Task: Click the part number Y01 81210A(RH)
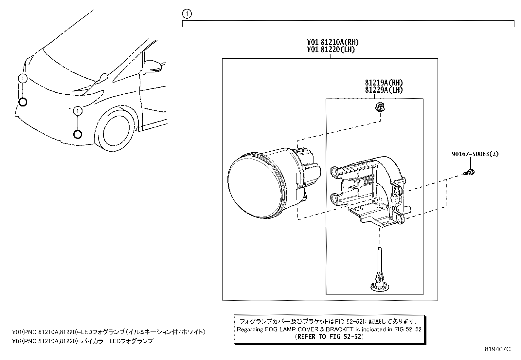point(332,42)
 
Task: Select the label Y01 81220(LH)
point(331,50)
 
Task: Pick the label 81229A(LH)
point(384,90)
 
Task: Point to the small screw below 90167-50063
point(470,172)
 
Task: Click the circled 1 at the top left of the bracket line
point(187,14)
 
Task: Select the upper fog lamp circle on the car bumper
point(23,102)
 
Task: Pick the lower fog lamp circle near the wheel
point(78,134)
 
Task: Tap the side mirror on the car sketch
point(152,66)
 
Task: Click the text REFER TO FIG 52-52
point(329,336)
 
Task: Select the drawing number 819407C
point(498,349)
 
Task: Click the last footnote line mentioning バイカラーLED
point(82,341)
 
